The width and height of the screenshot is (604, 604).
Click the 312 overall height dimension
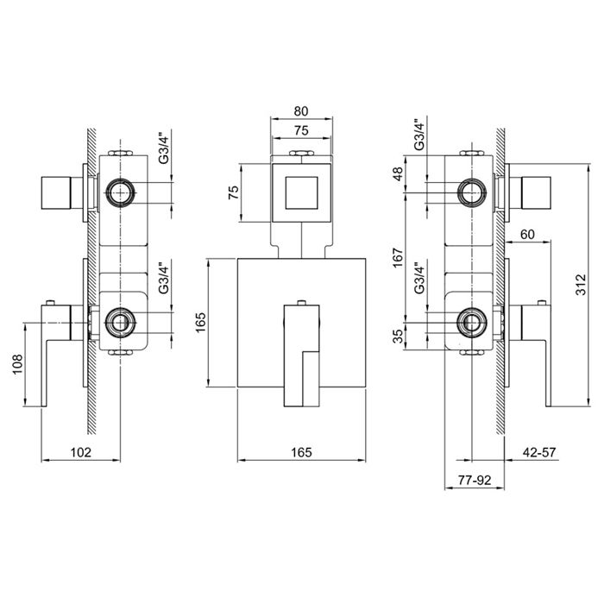pyautogui.click(x=581, y=284)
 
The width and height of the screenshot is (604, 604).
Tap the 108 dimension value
pyautogui.click(x=18, y=364)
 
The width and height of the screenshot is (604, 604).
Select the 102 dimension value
pyautogui.click(x=81, y=452)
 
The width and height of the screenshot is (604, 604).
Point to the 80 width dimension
pyautogui.click(x=301, y=111)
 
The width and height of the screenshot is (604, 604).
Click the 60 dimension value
pyautogui.click(x=527, y=234)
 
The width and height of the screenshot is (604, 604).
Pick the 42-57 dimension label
pyautogui.click(x=539, y=452)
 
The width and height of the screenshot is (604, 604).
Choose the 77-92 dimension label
pyautogui.click(x=475, y=481)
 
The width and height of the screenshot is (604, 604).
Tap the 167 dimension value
pyautogui.click(x=398, y=258)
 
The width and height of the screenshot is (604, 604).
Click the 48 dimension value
pyautogui.click(x=398, y=173)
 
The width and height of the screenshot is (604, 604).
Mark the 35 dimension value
pyautogui.click(x=398, y=336)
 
